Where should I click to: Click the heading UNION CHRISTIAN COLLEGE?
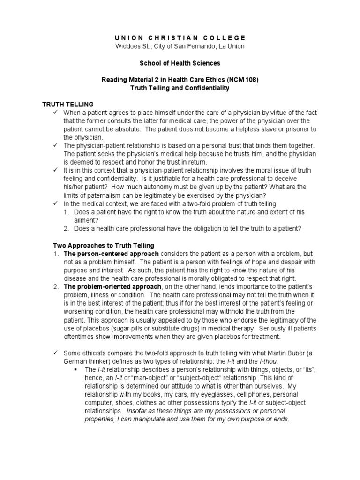(180, 37)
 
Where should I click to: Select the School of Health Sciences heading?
(180, 63)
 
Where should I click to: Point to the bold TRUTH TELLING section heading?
(68, 104)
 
